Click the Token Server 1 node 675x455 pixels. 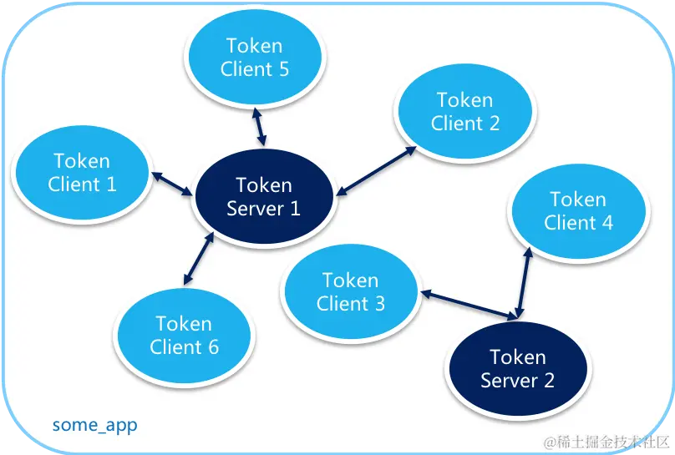tap(263, 197)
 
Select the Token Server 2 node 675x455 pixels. tap(517, 369)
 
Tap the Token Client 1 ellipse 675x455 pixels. tap(82, 173)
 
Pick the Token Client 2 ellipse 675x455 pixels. tap(464, 112)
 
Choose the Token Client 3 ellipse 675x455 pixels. tap(350, 292)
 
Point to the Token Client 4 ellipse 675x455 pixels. tap(578, 211)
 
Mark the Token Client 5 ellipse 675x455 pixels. tap(254, 58)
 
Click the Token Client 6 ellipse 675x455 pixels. tap(184, 335)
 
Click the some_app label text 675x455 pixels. tap(94, 425)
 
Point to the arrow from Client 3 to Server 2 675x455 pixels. tap(468, 305)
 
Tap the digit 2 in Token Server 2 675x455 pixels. tap(547, 381)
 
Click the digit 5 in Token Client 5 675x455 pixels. tap(283, 69)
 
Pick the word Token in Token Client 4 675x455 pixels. tap(578, 200)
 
